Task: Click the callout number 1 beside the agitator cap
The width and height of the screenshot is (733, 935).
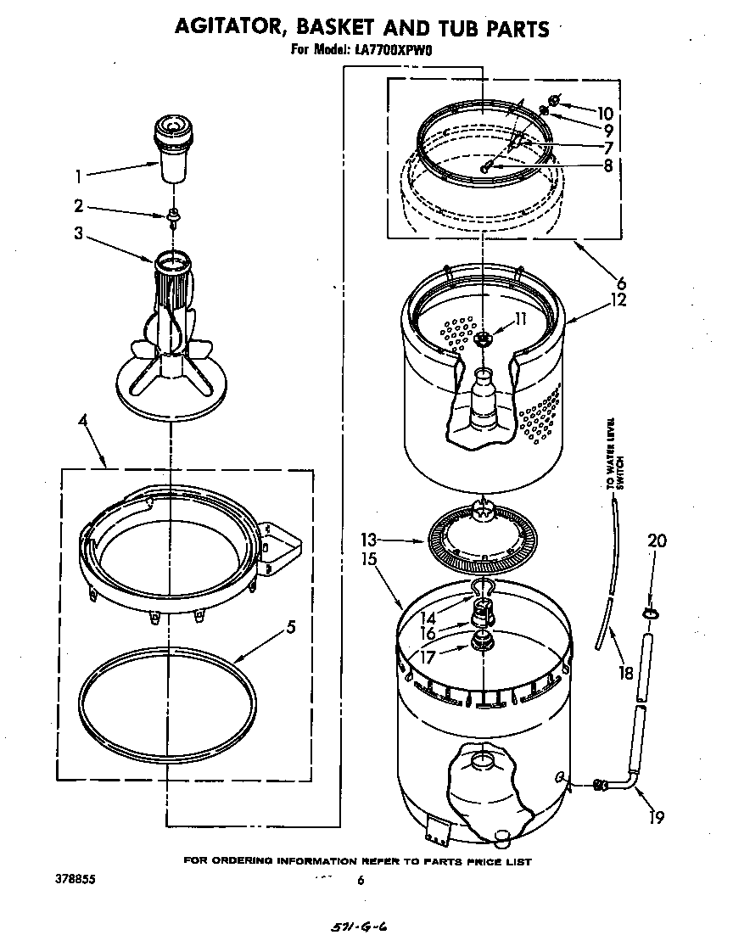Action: (x=79, y=178)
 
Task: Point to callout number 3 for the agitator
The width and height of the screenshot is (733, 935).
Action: (x=79, y=233)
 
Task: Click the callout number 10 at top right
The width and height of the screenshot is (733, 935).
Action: (x=604, y=113)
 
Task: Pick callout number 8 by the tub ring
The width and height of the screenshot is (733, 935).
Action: (x=607, y=166)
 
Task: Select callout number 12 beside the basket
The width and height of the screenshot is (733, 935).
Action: (x=618, y=300)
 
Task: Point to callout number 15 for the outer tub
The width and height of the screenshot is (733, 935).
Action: (x=369, y=561)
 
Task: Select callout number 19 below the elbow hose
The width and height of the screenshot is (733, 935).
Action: (x=657, y=818)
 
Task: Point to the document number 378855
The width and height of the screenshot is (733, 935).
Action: (x=75, y=880)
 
